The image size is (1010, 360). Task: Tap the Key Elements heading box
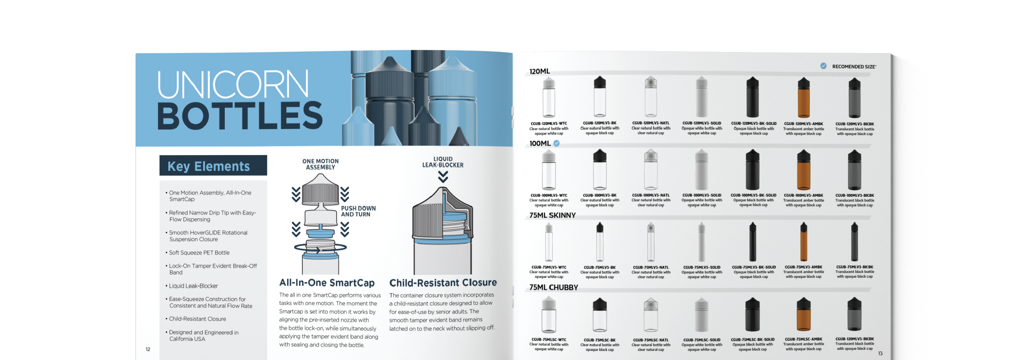point(213,166)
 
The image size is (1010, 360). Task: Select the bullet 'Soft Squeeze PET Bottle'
point(199,252)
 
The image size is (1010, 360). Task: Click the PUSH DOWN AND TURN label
point(358,212)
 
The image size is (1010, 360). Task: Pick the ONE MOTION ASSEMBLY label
point(320,164)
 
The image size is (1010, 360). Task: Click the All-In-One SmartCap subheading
point(327,283)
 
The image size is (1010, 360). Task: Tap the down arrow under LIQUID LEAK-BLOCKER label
point(443,177)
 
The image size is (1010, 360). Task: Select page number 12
point(148,349)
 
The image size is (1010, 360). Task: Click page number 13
point(880,353)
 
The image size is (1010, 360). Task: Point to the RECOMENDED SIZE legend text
point(853,67)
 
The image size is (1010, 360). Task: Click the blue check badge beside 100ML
point(556,144)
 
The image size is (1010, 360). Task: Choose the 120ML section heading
point(540,71)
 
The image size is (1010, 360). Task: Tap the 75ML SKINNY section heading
point(552,215)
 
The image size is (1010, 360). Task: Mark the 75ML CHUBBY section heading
point(553,287)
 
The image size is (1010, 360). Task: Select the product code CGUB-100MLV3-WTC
point(548,195)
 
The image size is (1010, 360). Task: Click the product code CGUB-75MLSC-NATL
point(650,340)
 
